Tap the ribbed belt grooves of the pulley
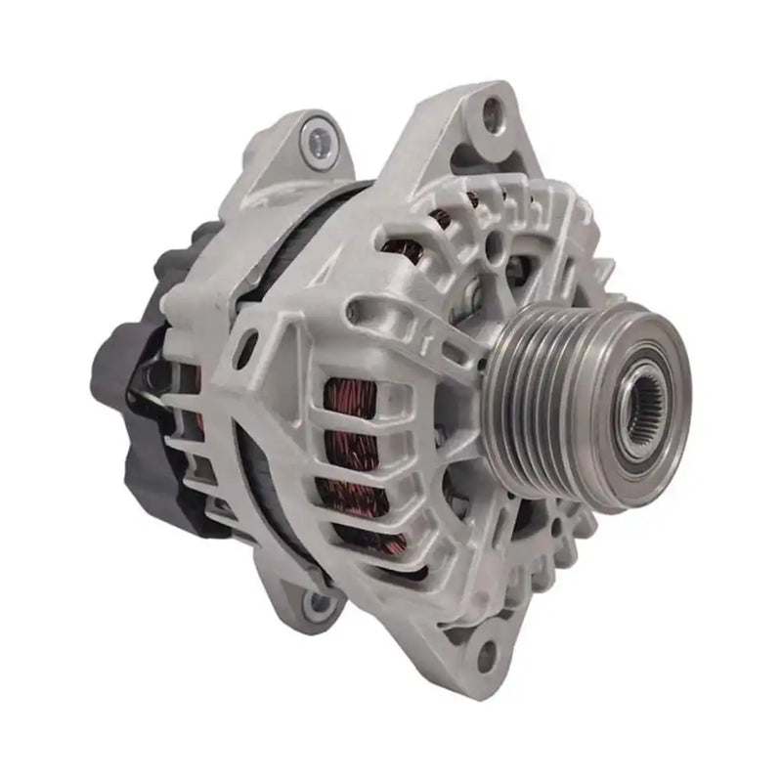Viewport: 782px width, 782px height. coord(547,391)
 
